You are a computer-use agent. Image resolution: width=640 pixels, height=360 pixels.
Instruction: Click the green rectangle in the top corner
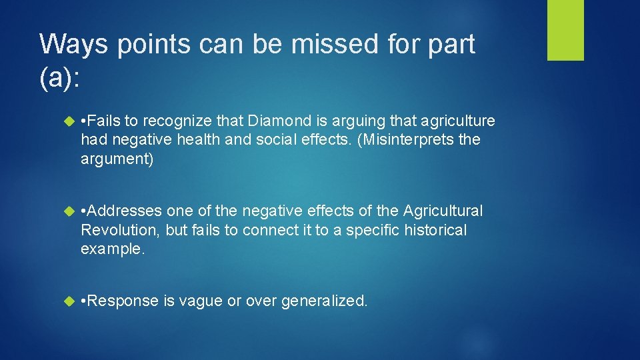tap(565, 30)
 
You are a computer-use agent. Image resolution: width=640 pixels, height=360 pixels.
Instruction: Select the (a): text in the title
tap(60, 78)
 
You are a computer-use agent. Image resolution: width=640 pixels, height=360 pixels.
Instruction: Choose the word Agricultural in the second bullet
tap(443, 211)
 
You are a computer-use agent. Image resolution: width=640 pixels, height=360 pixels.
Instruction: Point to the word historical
tap(432, 231)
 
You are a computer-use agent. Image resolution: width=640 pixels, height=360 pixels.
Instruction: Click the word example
tap(110, 250)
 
